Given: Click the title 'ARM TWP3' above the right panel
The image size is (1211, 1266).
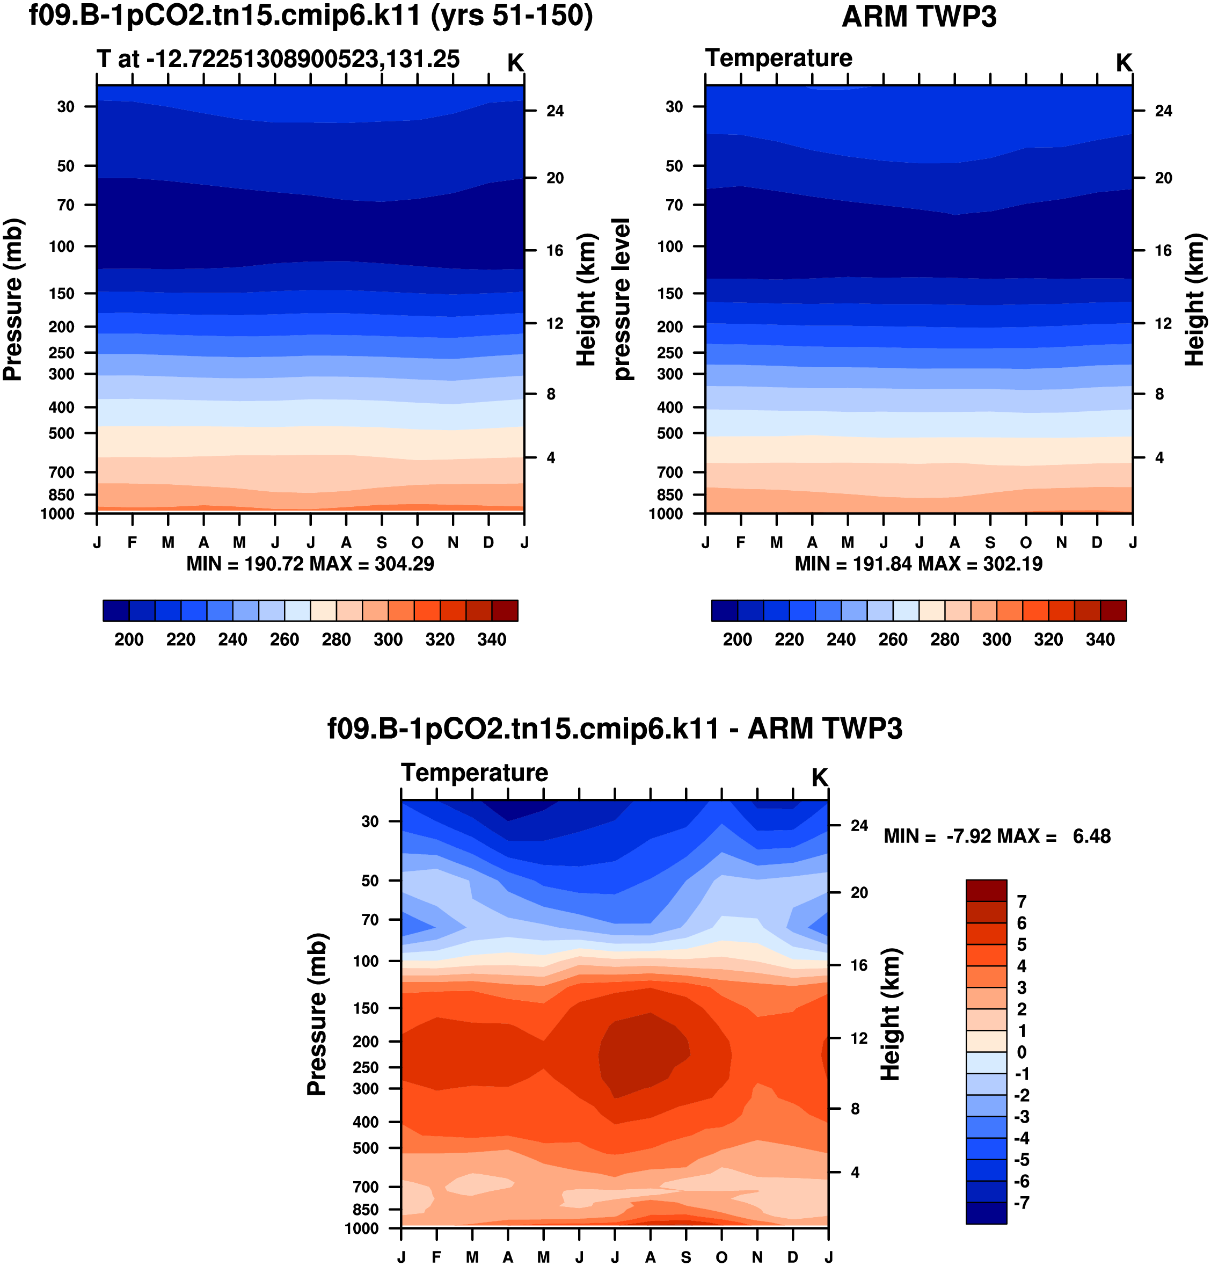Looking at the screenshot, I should (x=918, y=17).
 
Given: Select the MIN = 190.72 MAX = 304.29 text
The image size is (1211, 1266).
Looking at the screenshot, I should (x=310, y=564).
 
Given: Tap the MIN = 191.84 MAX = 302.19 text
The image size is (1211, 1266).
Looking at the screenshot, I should (x=918, y=564).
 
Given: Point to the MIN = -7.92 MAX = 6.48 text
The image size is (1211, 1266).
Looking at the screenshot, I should (x=997, y=836).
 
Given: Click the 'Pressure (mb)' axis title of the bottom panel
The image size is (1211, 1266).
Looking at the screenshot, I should (x=317, y=1014).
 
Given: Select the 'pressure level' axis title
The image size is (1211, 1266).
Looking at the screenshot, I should (x=621, y=299).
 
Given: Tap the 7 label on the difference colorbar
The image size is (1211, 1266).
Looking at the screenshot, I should (x=1021, y=901).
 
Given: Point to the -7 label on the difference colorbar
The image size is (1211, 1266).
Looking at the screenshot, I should (x=1020, y=1202).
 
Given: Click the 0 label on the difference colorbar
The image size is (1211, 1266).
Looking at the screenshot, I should (x=1021, y=1052).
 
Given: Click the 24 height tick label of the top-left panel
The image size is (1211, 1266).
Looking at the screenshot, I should (x=555, y=111).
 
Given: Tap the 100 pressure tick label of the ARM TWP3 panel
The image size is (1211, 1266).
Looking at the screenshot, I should (x=669, y=246).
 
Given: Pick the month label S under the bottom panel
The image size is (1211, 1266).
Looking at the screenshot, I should (x=685, y=1256).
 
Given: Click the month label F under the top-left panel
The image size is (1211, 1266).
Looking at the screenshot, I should (x=133, y=542).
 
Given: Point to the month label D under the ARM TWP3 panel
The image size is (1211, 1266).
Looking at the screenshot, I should (x=1097, y=542).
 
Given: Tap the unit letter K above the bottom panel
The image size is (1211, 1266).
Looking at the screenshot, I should (x=819, y=777).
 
